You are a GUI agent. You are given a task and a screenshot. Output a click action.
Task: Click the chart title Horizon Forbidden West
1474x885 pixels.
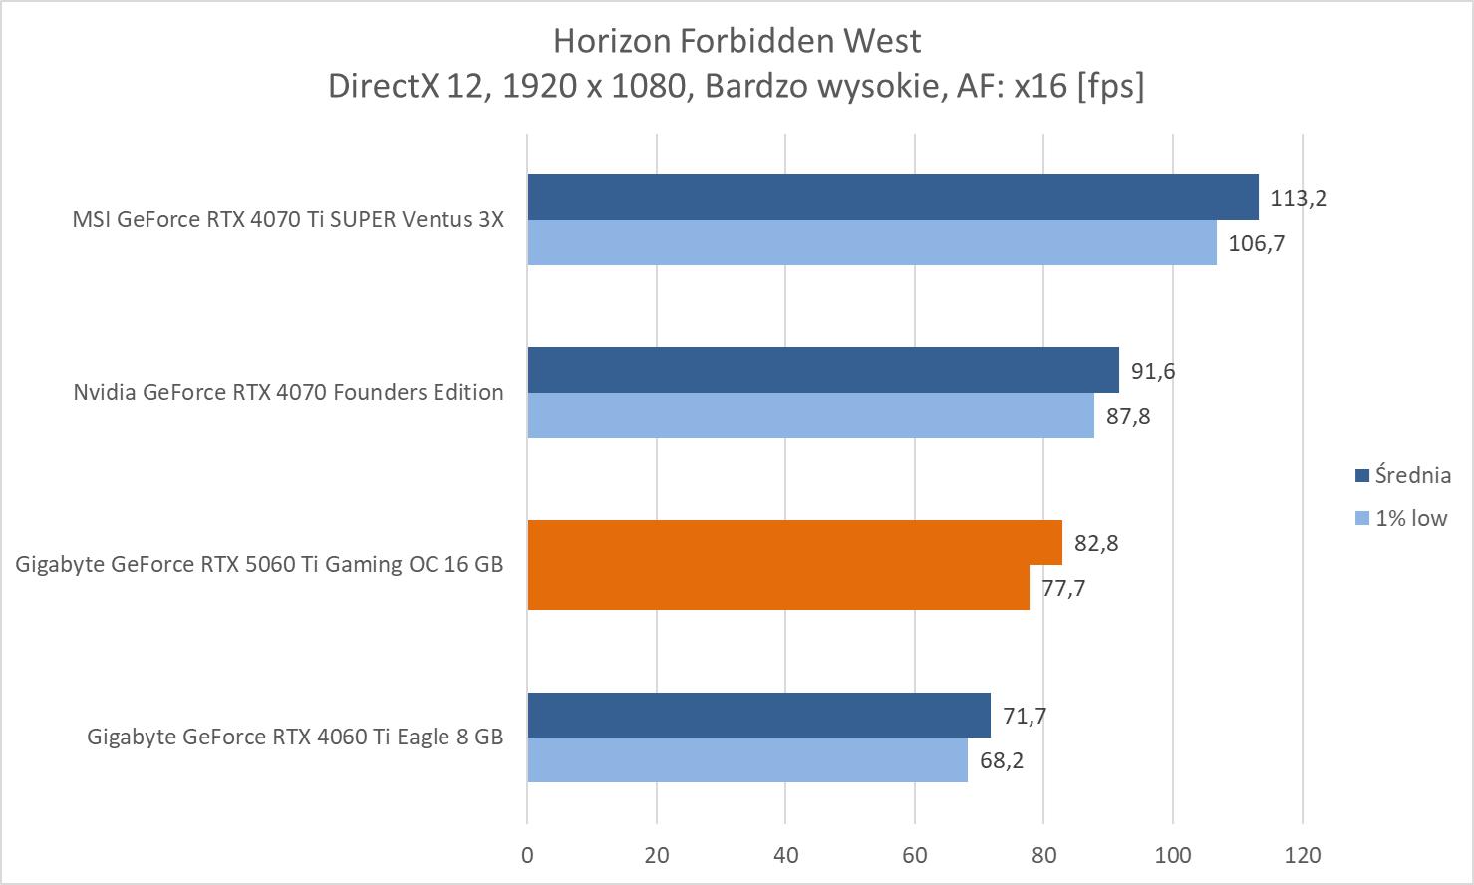(737, 41)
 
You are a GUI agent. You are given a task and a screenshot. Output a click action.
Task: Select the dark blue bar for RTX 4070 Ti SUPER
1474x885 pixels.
(892, 197)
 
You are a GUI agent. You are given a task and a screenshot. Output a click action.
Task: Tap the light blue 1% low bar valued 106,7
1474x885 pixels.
(871, 242)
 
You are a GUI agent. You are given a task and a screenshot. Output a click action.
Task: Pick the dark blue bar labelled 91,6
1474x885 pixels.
(822, 370)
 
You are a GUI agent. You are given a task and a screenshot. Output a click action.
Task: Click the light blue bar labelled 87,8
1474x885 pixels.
(810, 415)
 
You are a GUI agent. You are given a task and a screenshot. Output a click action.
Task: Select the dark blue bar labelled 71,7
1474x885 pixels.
(758, 715)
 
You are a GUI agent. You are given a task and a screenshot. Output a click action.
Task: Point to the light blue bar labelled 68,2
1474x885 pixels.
(746, 759)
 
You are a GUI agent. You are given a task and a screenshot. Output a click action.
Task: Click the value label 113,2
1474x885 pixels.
(1298, 198)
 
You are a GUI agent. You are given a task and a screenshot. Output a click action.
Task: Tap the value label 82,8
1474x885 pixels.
(1096, 543)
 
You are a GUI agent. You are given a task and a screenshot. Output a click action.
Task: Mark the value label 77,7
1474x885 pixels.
(1063, 588)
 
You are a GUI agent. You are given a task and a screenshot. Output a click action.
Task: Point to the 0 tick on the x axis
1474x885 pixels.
(527, 855)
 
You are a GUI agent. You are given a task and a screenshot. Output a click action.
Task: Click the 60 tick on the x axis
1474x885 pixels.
(915, 855)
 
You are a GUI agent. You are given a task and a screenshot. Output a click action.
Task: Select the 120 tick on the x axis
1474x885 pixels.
(1303, 855)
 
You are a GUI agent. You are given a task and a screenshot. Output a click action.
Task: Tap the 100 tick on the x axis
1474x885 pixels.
(1173, 855)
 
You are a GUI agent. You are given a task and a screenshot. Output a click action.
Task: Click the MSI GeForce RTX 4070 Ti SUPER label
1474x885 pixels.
(288, 219)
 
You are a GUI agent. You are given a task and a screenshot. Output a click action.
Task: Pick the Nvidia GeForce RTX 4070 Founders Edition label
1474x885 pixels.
(288, 392)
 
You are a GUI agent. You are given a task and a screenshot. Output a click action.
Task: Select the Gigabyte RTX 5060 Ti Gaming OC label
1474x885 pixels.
(259, 564)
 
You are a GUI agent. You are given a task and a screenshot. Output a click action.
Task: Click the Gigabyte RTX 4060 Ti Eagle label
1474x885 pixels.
(295, 737)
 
